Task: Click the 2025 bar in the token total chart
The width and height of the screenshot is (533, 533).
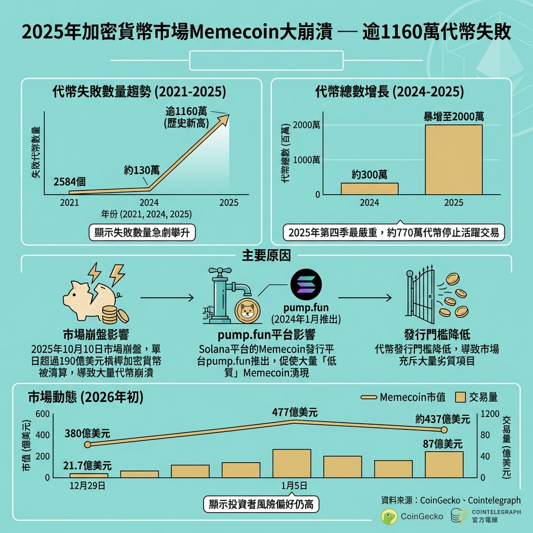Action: pos(454,160)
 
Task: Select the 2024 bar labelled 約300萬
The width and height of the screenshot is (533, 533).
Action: pos(370,188)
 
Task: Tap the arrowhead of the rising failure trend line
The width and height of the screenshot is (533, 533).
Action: pos(225,119)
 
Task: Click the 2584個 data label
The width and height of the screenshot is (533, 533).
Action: pos(70,182)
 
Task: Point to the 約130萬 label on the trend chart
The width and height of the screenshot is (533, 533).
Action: pos(142,170)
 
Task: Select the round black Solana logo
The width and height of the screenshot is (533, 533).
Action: pos(306,284)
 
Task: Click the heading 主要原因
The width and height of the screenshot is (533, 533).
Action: pos(266,256)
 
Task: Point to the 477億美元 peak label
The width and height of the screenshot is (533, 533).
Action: pos(295,413)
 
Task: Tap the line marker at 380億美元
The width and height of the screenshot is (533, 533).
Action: pos(87,445)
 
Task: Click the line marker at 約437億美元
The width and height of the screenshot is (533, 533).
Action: pos(444,430)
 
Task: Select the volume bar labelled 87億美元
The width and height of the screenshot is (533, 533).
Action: pos(444,464)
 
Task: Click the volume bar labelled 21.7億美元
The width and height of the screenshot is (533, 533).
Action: pos(88,475)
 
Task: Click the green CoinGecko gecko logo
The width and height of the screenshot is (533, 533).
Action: pos(389,516)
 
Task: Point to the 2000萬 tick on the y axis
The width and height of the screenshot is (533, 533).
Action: pos(307,125)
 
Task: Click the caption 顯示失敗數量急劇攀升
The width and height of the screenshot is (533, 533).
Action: pos(142,233)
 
